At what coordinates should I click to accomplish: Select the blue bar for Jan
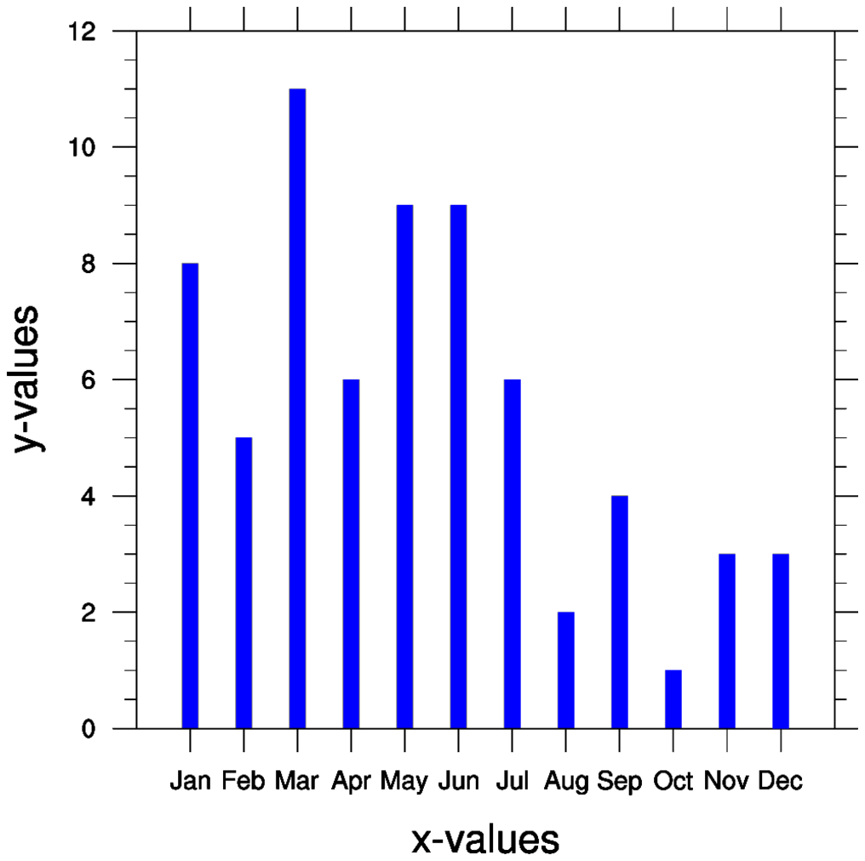click(x=190, y=495)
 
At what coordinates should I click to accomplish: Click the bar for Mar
click(x=297, y=408)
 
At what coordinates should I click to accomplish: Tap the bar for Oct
click(x=673, y=698)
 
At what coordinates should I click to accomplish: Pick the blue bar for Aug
click(x=566, y=670)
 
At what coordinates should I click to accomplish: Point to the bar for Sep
click(x=620, y=612)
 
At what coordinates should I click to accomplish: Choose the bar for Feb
click(x=243, y=583)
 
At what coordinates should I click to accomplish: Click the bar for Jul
click(x=512, y=554)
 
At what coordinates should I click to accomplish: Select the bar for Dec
click(x=781, y=641)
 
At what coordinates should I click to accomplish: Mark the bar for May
click(x=404, y=466)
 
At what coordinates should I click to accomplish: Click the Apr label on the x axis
click(x=351, y=781)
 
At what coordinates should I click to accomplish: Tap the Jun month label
click(x=458, y=781)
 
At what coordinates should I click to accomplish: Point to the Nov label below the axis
click(x=726, y=781)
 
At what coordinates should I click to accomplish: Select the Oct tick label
click(x=673, y=781)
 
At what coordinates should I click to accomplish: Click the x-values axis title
click(x=485, y=839)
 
